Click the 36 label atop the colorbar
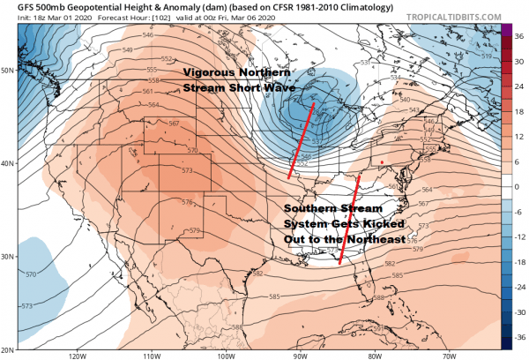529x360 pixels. [x=518, y=27]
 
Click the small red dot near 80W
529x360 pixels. [x=381, y=161]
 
